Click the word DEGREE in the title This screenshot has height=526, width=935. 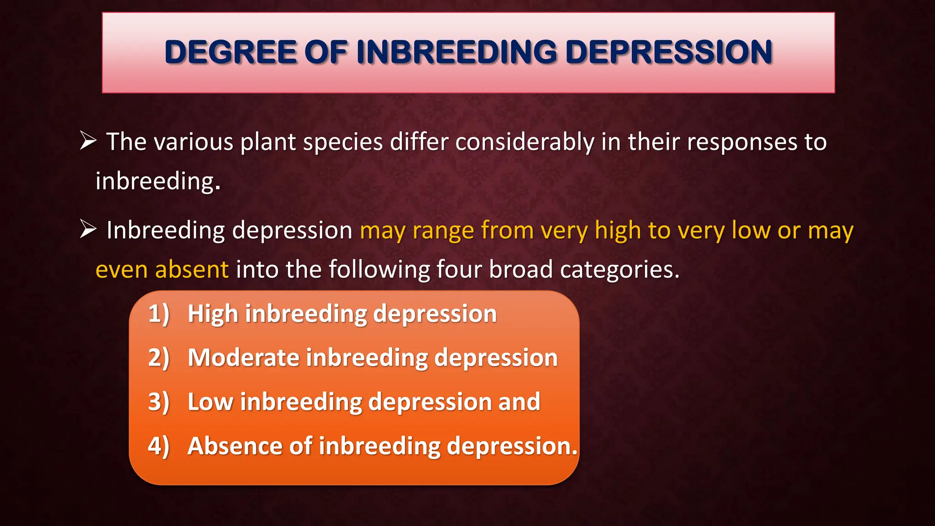click(231, 52)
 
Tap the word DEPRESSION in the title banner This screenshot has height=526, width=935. click(668, 52)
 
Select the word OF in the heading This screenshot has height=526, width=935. click(326, 52)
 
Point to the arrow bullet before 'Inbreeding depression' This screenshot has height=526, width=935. click(88, 229)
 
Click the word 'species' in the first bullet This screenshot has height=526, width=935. click(342, 142)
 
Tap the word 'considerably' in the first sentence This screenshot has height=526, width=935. click(524, 142)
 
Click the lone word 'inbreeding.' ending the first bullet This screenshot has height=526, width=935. click(158, 181)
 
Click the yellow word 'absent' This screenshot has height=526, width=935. click(191, 269)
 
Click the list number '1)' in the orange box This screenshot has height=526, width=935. click(158, 314)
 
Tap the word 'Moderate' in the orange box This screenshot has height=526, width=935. click(243, 358)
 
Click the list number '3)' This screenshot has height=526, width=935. click(158, 402)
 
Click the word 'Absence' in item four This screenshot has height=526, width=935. click(234, 446)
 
